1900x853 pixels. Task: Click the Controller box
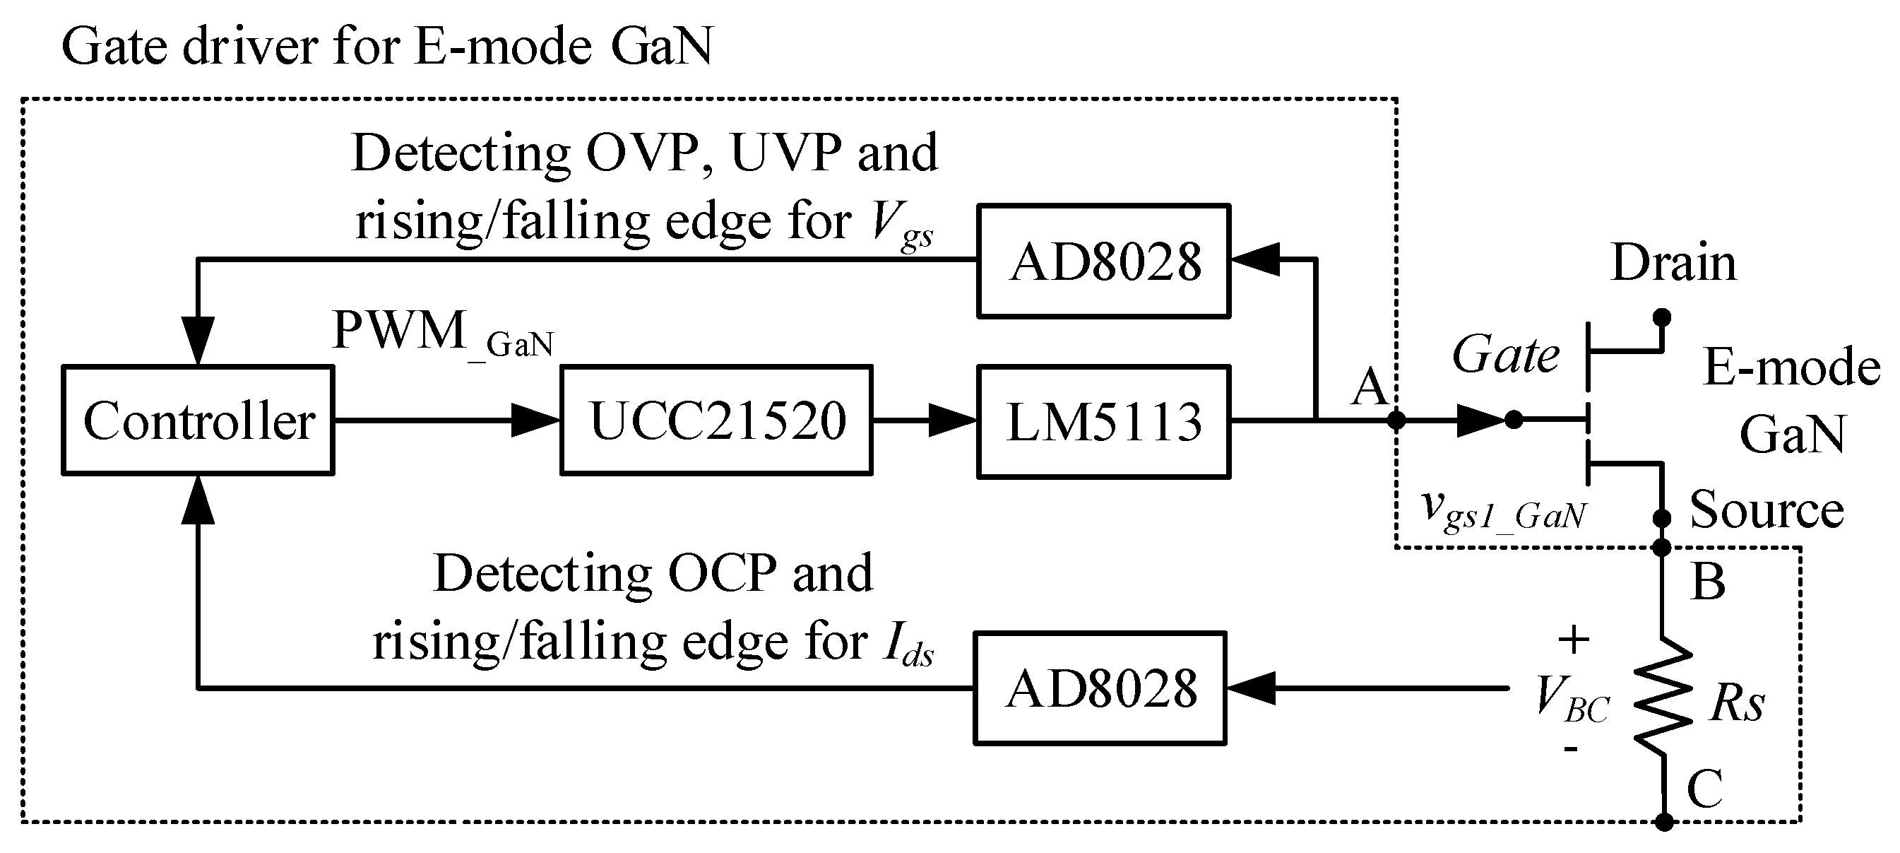pyautogui.click(x=198, y=420)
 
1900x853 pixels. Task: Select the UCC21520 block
pyautogui.click(x=716, y=420)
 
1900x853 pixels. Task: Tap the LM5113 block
pyautogui.click(x=1103, y=422)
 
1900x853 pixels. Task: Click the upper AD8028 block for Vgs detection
pyautogui.click(x=1103, y=261)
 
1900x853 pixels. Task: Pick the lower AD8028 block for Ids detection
pyautogui.click(x=1099, y=688)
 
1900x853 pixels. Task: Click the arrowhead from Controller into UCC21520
pyautogui.click(x=535, y=420)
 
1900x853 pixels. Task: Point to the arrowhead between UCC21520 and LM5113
pyautogui.click(x=951, y=420)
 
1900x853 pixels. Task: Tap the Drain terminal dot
pyautogui.click(x=1662, y=317)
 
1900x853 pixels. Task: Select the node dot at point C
pyautogui.click(x=1664, y=822)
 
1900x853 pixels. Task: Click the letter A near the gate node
pyautogui.click(x=1370, y=387)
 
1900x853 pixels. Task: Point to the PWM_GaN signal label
pyautogui.click(x=443, y=332)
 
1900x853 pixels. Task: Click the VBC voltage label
pyautogui.click(x=1571, y=700)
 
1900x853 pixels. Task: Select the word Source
pyautogui.click(x=1767, y=509)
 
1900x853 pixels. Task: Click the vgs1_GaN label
pyautogui.click(x=1503, y=511)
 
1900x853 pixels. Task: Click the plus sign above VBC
pyautogui.click(x=1572, y=639)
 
